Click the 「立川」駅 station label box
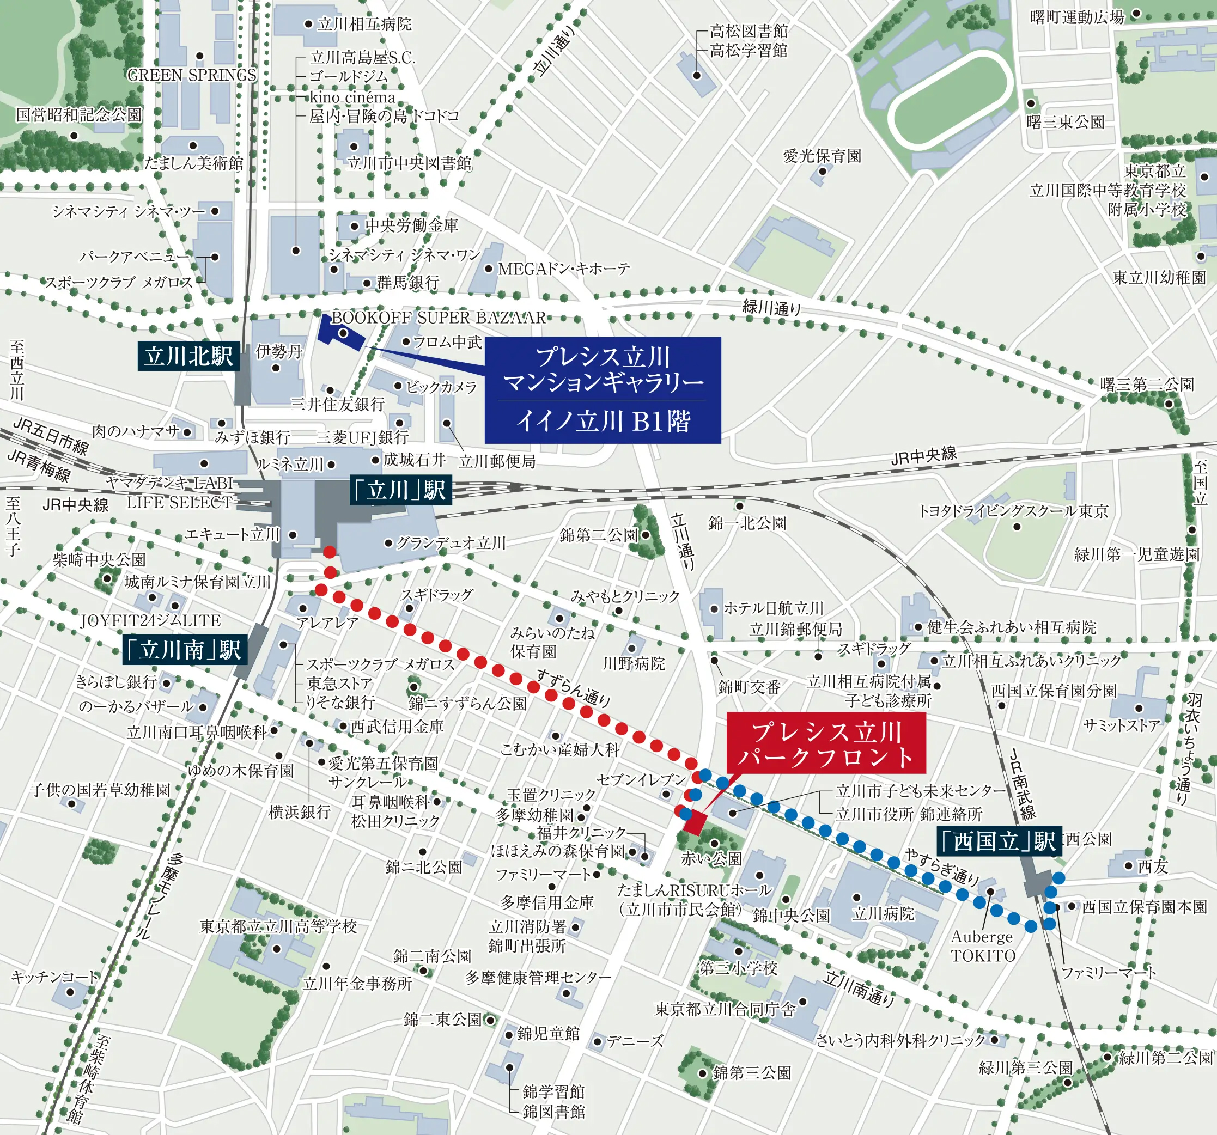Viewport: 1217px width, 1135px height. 400,490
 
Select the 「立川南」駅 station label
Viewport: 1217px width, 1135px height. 185,650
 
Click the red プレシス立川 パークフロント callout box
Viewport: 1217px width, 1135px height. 826,744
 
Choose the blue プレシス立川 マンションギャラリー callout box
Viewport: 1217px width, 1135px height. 603,390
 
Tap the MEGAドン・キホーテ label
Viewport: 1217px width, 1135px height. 563,269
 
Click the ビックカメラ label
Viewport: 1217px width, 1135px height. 441,387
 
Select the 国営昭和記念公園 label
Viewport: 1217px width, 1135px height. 78,115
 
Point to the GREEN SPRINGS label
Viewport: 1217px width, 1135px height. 192,75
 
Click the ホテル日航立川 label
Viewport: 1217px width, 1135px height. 774,608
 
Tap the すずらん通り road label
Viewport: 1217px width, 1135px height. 573,688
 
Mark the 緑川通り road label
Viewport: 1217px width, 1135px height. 771,307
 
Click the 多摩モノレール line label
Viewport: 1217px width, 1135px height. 158,896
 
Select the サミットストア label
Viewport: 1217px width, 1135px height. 1122,725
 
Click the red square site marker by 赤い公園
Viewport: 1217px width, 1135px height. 695,823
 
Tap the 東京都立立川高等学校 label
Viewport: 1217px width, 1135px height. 278,926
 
